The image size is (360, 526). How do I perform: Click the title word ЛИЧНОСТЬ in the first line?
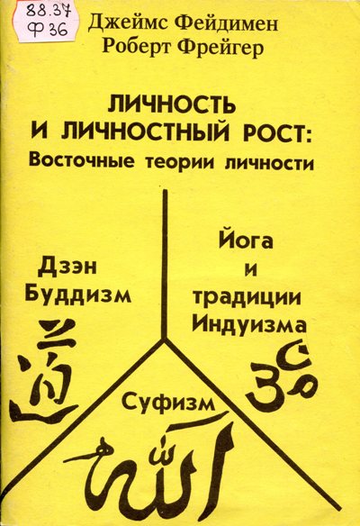tap(171, 104)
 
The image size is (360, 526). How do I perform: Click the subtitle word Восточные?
tap(82, 161)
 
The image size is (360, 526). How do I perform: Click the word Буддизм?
tap(77, 295)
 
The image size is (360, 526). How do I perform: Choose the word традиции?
tap(247, 298)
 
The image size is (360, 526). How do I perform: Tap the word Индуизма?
tap(249, 324)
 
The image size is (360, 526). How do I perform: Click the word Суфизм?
tap(168, 404)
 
